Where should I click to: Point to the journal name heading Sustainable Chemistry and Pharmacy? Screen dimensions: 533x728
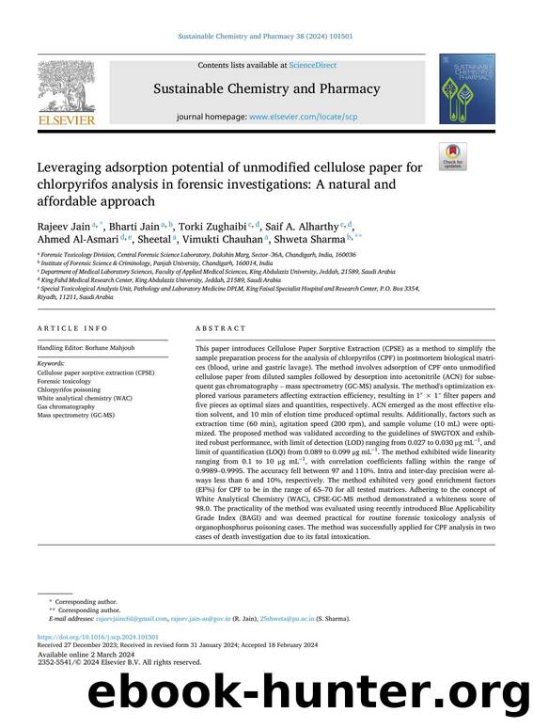267,90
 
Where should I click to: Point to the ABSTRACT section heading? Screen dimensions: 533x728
221,328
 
